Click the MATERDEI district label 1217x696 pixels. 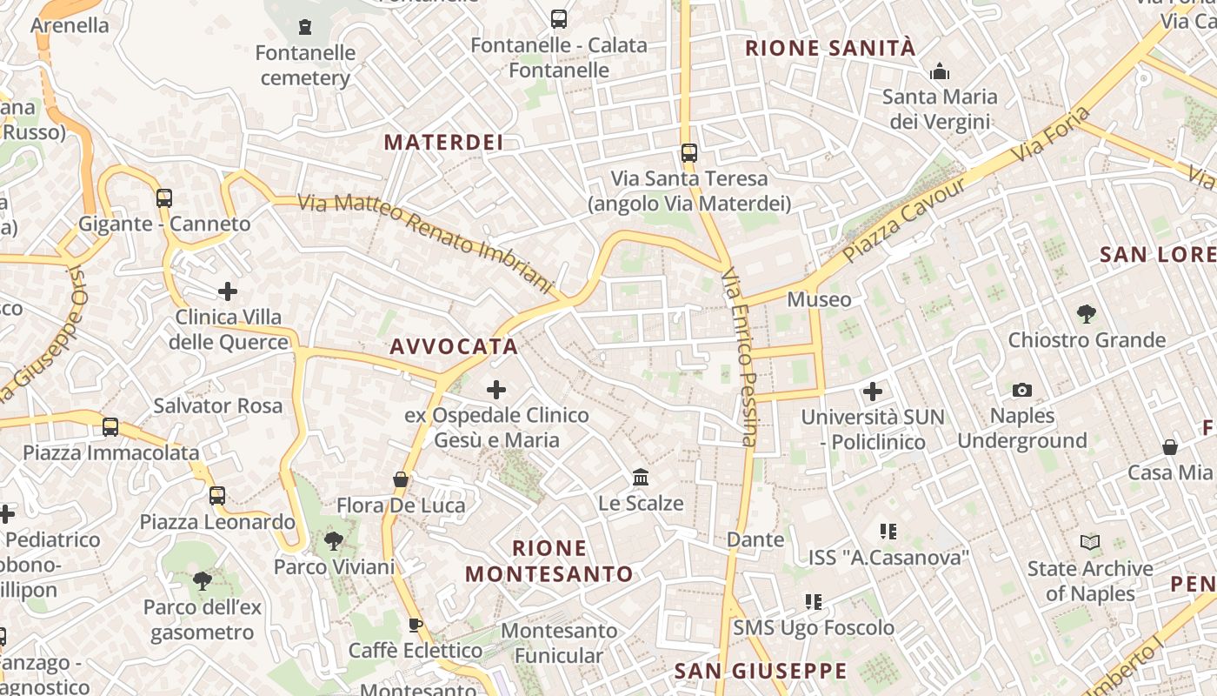click(443, 142)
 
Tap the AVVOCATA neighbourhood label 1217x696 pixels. click(454, 346)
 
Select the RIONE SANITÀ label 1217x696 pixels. click(830, 48)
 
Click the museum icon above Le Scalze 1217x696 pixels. click(642, 477)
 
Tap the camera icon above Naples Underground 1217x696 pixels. click(1022, 390)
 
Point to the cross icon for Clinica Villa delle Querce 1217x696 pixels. click(228, 291)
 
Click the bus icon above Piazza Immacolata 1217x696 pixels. click(110, 427)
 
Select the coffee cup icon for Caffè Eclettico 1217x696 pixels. click(416, 625)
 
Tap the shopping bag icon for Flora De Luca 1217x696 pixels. click(401, 479)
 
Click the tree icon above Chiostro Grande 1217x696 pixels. click(1086, 313)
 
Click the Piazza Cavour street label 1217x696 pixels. click(905, 219)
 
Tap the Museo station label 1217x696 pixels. click(819, 300)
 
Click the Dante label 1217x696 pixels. click(755, 539)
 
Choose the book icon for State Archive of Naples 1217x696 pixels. click(1090, 542)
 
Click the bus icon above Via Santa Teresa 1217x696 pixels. click(689, 153)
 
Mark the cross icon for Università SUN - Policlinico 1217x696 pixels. click(873, 391)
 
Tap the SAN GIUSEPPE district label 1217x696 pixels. click(761, 671)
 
